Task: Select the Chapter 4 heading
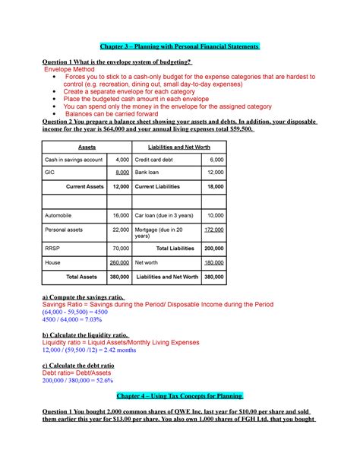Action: click(179, 396)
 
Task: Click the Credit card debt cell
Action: click(156, 160)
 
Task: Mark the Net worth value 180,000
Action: click(213, 262)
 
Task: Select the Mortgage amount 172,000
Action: click(213, 229)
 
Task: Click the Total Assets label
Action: click(86, 277)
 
